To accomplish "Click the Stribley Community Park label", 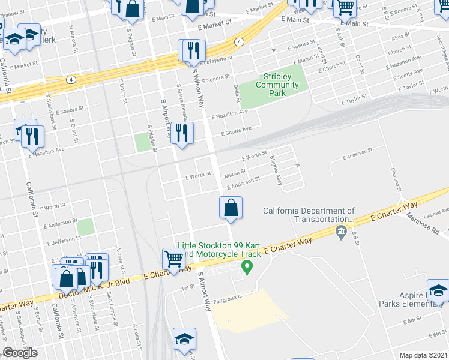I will point(277,85).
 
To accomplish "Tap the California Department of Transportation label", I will point(309,215).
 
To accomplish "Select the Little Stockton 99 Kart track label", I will point(219,250).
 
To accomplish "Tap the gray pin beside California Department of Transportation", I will point(342,232).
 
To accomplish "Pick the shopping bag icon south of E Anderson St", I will point(231,209).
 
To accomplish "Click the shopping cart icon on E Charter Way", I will point(173,260).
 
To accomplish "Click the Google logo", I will point(20,353).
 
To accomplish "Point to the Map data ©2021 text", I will point(423,355).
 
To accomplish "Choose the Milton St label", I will point(235,174).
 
